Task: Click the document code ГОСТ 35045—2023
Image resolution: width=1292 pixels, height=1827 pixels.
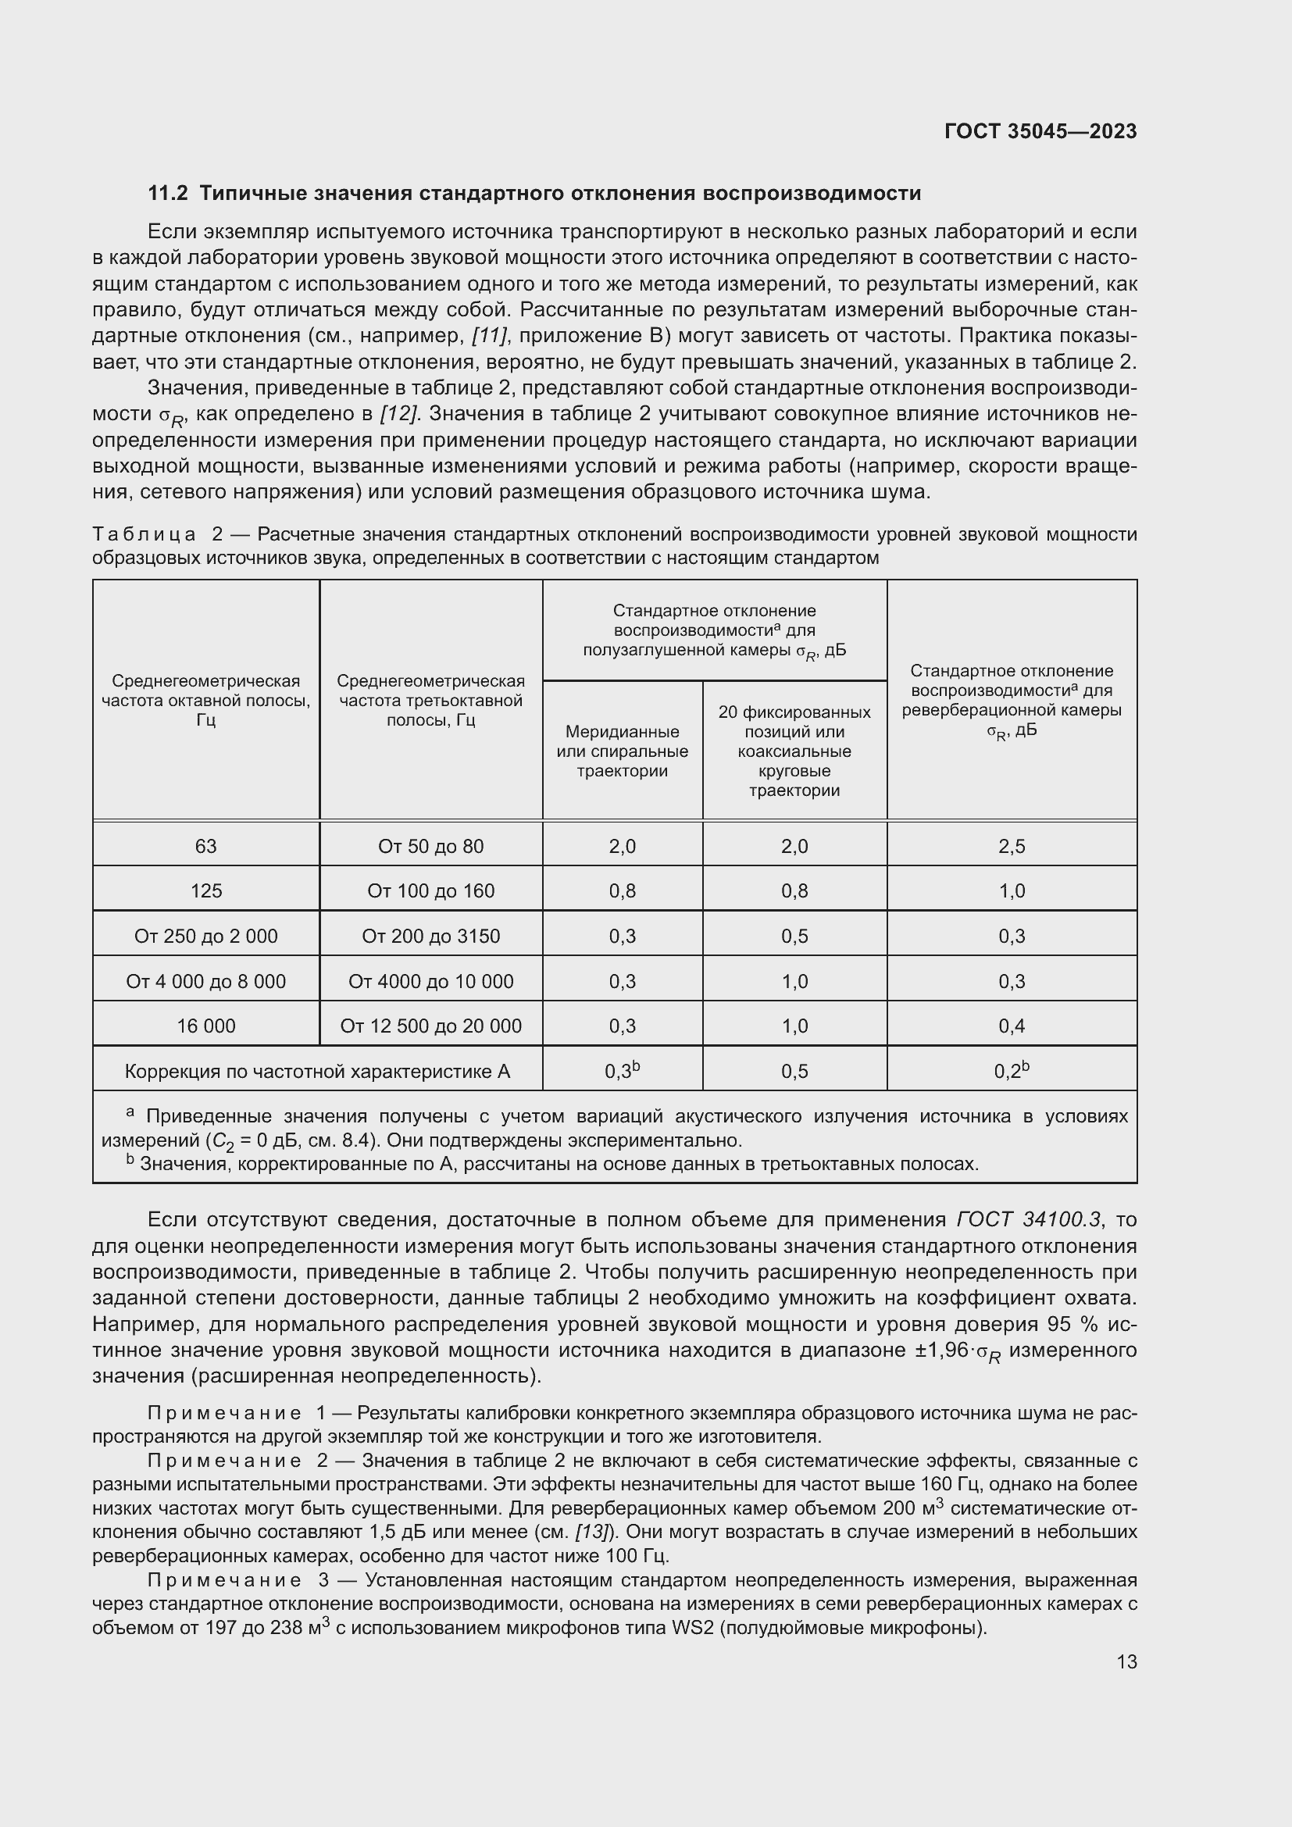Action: pyautogui.click(x=1040, y=131)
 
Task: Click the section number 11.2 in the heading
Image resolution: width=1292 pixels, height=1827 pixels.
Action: pyautogui.click(x=167, y=194)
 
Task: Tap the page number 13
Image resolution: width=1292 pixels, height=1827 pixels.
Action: pyautogui.click(x=1126, y=1661)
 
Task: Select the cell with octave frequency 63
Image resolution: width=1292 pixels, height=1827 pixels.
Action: pyautogui.click(x=206, y=846)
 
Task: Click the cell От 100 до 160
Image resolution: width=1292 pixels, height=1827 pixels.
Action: pyautogui.click(x=430, y=890)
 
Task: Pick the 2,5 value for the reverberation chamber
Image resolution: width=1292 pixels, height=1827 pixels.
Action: pyautogui.click(x=1011, y=846)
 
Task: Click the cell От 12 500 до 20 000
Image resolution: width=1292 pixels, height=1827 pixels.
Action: pyautogui.click(x=430, y=1026)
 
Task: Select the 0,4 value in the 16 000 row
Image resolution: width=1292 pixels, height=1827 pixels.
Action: pyautogui.click(x=1011, y=1026)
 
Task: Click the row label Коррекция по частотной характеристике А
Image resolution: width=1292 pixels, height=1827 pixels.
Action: pyautogui.click(x=316, y=1071)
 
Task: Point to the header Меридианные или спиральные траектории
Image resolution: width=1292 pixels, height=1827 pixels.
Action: pyautogui.click(x=622, y=751)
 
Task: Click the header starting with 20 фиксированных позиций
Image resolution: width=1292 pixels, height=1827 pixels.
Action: pyautogui.click(x=794, y=751)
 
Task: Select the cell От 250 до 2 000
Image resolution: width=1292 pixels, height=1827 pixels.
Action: pyautogui.click(x=206, y=936)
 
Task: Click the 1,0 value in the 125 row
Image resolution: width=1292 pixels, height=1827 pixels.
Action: pyautogui.click(x=1011, y=890)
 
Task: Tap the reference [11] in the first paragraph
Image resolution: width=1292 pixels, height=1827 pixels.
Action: pyautogui.click(x=489, y=336)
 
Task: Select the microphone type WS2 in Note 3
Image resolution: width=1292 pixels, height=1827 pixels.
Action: pyautogui.click(x=693, y=1627)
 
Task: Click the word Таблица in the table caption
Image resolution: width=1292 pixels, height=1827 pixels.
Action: pyautogui.click(x=144, y=534)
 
